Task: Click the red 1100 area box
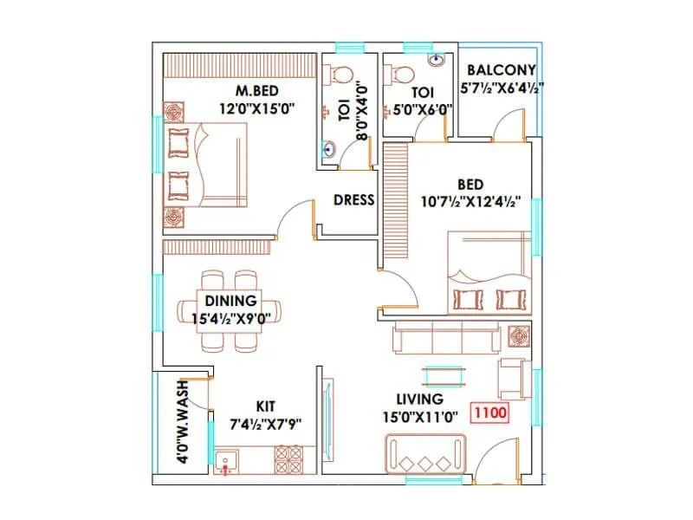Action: (x=489, y=413)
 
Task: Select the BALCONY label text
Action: (x=501, y=70)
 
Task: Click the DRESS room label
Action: (x=354, y=200)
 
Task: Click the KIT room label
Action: (x=265, y=406)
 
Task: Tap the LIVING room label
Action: (x=419, y=399)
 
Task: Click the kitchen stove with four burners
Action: (x=288, y=458)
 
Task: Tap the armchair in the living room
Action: (x=513, y=379)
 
